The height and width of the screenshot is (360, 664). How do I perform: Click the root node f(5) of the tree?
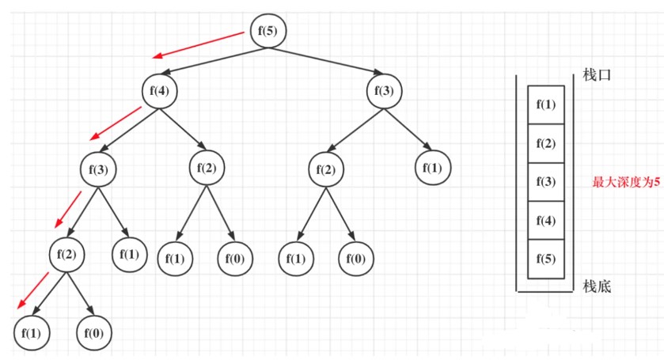268,31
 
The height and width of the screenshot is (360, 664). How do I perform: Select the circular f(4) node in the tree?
159,91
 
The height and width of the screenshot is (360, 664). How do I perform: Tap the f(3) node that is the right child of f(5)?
384,91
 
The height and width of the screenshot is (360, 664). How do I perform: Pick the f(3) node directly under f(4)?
98,169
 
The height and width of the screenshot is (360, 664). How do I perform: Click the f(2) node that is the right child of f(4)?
207,169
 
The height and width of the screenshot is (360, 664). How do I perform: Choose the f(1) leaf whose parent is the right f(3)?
433,169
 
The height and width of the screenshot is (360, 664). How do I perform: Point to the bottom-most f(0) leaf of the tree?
94,333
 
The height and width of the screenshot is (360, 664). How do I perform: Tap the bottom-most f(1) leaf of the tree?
32,333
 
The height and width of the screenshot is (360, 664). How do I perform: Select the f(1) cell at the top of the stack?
546,104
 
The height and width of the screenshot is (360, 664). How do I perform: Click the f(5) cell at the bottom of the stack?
546,259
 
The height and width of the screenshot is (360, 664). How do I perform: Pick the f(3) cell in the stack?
546,182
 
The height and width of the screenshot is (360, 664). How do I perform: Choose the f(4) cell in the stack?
546,220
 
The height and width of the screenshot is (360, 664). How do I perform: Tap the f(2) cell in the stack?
546,143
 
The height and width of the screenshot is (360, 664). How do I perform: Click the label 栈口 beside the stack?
597,75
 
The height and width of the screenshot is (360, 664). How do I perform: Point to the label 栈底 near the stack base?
597,286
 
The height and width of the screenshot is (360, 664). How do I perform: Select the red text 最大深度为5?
626,182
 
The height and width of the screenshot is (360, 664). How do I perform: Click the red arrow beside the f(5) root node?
199,45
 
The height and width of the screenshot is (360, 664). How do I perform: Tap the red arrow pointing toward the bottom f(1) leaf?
33,291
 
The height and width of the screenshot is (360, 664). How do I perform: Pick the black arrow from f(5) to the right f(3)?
325,61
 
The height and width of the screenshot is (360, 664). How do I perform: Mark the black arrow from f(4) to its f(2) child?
183,130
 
